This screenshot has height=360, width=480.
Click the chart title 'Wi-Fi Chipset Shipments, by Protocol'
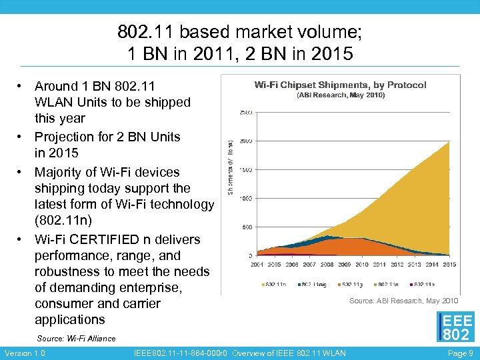point(341,85)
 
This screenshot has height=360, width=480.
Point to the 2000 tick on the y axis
point(245,141)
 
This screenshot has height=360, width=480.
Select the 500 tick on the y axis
point(247,227)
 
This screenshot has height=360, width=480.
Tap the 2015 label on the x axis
point(449,265)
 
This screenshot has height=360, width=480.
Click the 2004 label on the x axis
point(257,265)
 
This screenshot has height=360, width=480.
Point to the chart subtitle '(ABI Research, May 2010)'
point(341,95)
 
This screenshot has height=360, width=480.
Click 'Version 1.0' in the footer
point(24,353)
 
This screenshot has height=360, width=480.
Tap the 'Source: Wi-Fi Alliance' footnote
point(76,339)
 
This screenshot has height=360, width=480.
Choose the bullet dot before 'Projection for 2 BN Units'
point(21,137)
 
